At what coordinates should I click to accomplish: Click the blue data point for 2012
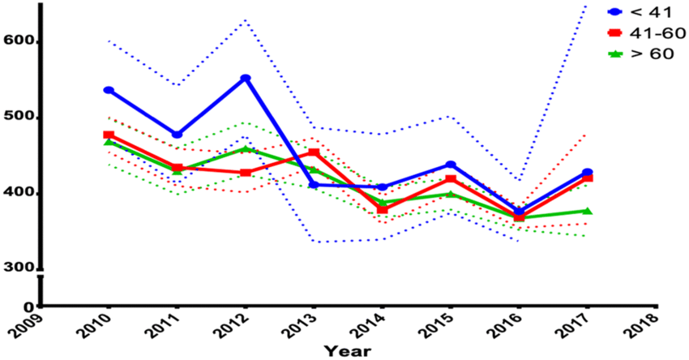[246, 79]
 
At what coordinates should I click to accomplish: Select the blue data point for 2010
[109, 90]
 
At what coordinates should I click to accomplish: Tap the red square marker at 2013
[314, 152]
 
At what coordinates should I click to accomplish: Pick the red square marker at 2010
[109, 135]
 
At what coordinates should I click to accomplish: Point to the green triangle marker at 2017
[588, 211]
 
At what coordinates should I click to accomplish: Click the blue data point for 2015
[451, 165]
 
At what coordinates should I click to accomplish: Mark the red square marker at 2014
[382, 209]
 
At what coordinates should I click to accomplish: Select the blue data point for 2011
[177, 134]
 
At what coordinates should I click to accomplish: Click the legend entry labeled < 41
[644, 11]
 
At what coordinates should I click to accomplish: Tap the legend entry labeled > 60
[644, 54]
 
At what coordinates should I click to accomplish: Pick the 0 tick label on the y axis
[28, 307]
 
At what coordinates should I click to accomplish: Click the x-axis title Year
[348, 351]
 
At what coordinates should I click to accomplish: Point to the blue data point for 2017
[588, 173]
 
